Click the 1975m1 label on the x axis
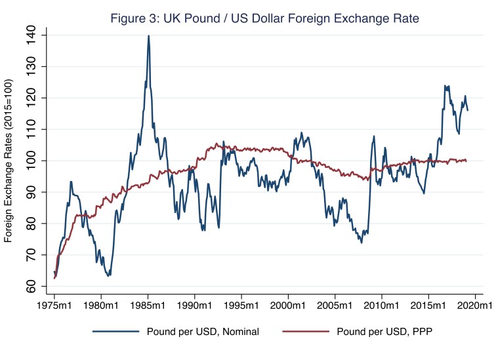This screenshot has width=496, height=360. tap(54, 306)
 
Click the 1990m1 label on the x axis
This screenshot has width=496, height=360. tap(195, 306)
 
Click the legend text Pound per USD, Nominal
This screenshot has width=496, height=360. tap(203, 332)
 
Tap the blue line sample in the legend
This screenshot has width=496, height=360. tap(115, 332)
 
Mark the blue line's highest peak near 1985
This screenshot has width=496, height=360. tap(148, 36)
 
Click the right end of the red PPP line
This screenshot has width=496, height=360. tap(466, 160)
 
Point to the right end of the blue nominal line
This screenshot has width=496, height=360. tap(467, 110)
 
